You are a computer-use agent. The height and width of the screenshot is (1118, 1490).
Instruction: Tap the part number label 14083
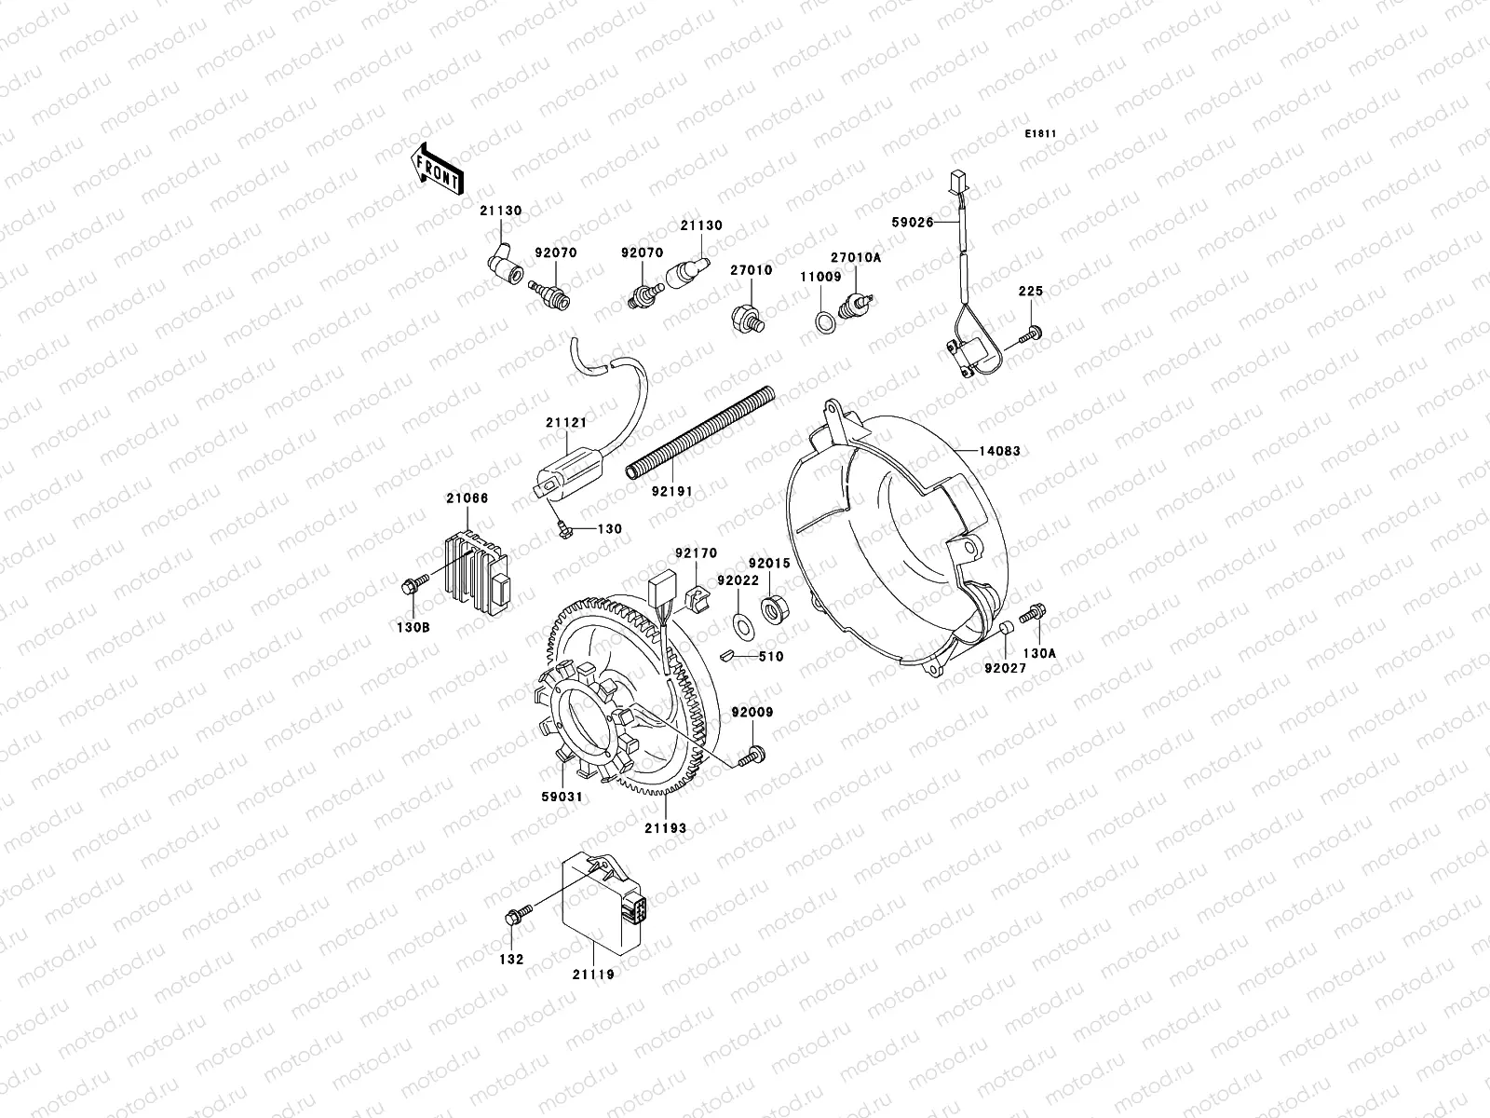tap(998, 451)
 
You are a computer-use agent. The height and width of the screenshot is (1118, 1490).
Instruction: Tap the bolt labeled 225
tap(1031, 331)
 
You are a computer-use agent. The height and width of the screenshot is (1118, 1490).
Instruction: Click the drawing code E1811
tap(1041, 134)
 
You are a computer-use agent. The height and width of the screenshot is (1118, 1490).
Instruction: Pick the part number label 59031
tap(562, 798)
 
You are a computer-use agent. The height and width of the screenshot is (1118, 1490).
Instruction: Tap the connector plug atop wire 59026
tap(956, 180)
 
